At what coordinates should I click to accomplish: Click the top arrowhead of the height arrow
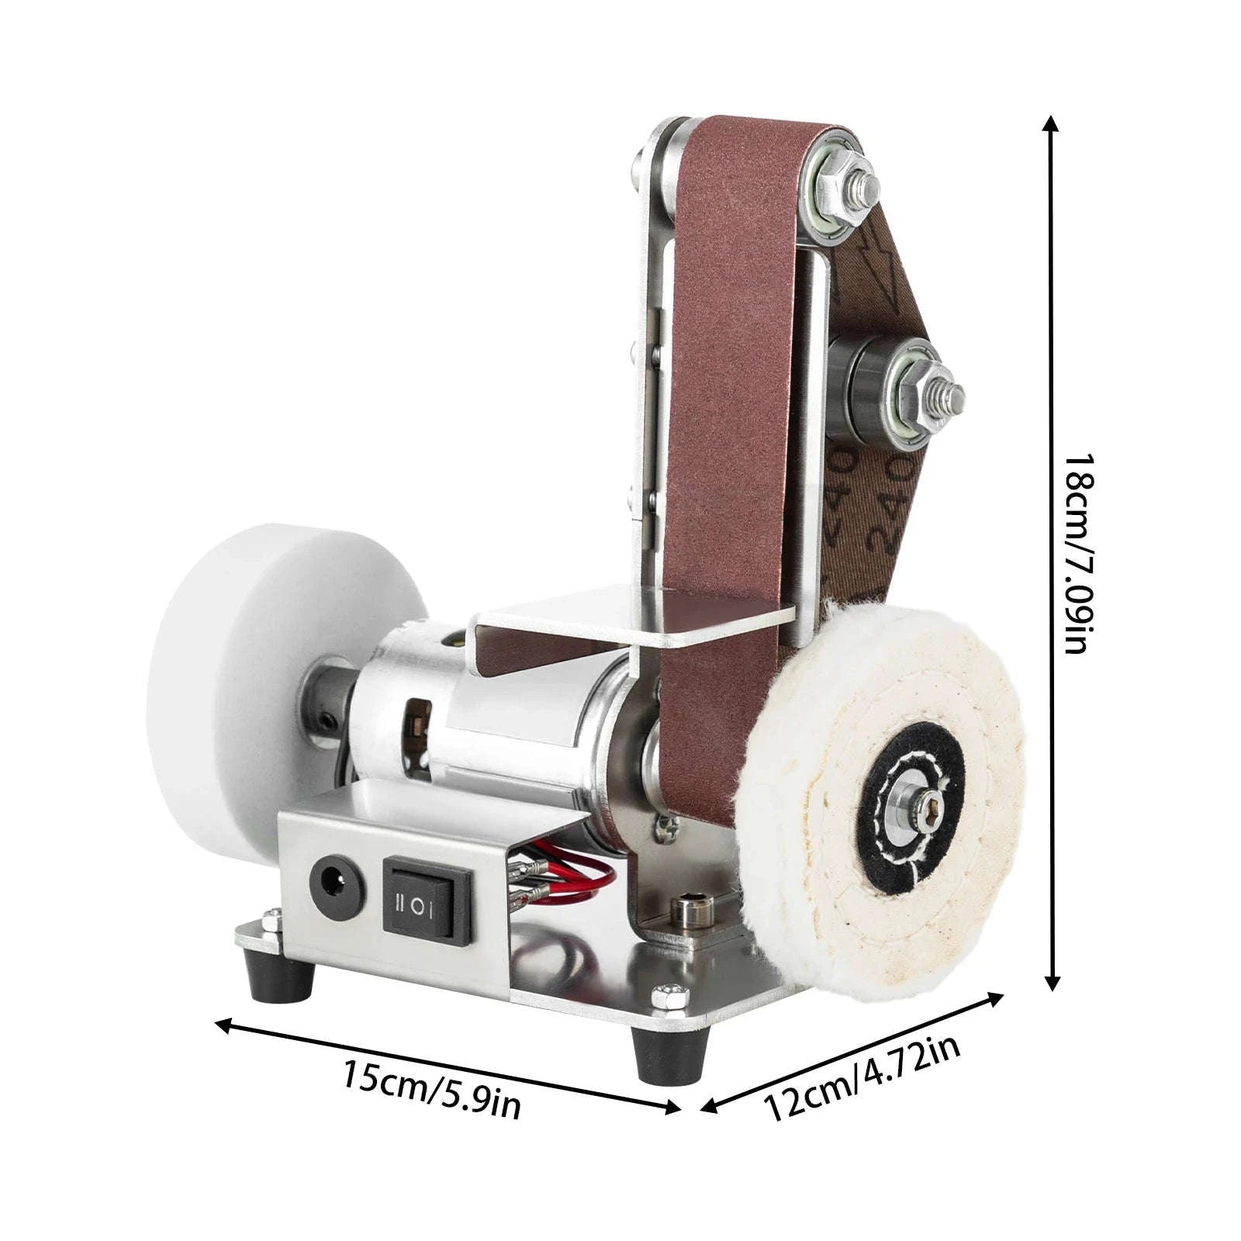point(1050,124)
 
